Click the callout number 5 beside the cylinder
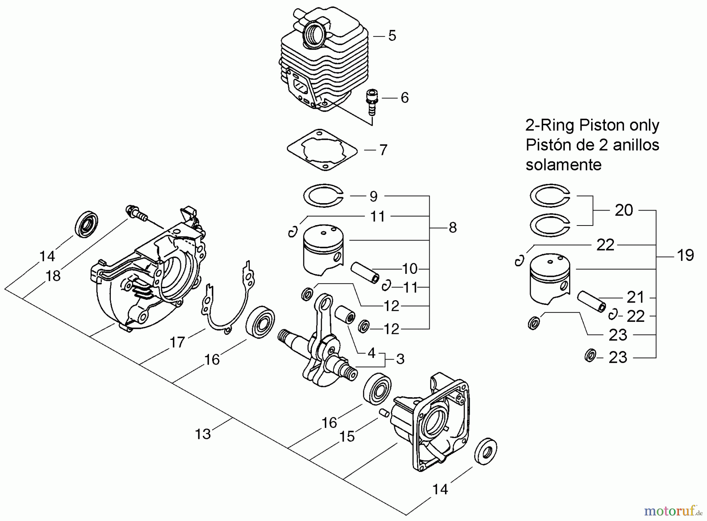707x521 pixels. (392, 36)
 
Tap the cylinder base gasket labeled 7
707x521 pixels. (322, 150)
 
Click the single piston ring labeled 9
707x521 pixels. (323, 195)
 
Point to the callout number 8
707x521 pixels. (453, 227)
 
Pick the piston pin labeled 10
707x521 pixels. (365, 272)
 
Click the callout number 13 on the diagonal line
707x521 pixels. (203, 434)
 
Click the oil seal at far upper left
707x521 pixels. (86, 224)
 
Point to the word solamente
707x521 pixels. (563, 165)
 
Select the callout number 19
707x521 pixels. (685, 255)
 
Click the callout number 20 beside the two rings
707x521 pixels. (624, 210)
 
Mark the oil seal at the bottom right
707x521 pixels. (485, 454)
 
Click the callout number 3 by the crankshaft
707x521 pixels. (400, 359)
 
